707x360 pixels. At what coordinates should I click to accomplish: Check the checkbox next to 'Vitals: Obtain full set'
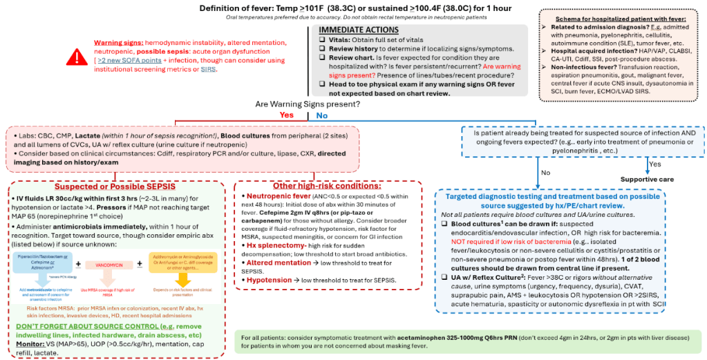pyautogui.click(x=323, y=41)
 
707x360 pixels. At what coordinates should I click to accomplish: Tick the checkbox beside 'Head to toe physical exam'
pyautogui.click(x=323, y=84)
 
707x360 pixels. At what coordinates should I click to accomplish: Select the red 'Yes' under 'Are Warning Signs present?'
pyautogui.click(x=286, y=115)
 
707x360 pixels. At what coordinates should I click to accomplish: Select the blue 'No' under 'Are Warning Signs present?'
pyautogui.click(x=321, y=115)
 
